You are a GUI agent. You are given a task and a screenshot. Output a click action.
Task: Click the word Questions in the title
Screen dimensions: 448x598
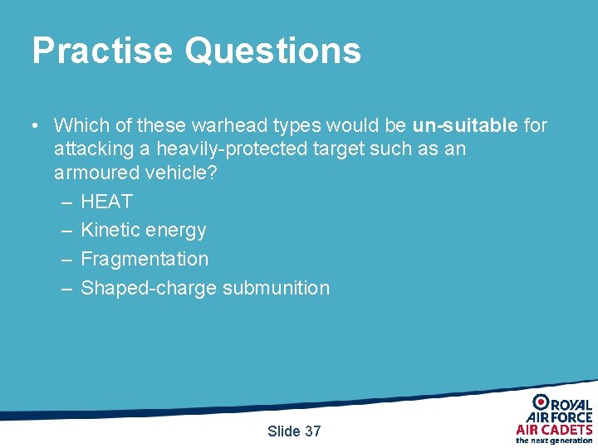[x=272, y=51]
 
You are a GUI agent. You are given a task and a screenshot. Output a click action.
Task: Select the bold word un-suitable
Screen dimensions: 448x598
[x=465, y=125]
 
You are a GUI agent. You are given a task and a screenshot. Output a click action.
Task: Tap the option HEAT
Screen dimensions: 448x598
[x=106, y=202]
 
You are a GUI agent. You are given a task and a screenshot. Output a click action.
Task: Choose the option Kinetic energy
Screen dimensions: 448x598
[x=143, y=230]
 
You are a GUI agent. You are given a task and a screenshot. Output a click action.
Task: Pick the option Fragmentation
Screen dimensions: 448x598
[x=145, y=259]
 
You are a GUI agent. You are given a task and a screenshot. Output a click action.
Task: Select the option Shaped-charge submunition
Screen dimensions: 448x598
[x=205, y=288]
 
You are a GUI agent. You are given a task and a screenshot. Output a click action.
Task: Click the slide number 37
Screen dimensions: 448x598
[x=313, y=431]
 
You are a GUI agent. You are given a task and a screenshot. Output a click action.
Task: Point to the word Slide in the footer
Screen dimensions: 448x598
[x=283, y=431]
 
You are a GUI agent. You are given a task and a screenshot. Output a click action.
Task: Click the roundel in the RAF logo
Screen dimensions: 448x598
[x=540, y=402]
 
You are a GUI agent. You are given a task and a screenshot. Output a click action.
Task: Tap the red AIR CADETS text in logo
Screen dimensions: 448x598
[x=554, y=429]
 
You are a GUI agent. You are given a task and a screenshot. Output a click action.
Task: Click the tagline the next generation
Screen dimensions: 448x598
[x=554, y=441]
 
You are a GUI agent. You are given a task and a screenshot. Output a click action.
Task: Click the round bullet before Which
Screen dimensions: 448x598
[x=35, y=126]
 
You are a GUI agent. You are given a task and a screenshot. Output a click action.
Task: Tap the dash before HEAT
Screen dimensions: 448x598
[x=66, y=202]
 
